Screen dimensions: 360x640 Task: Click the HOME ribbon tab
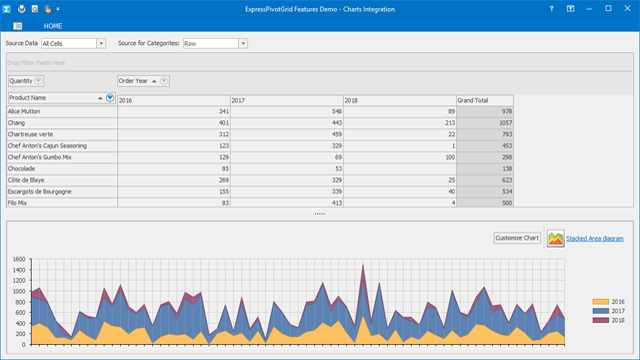point(53,25)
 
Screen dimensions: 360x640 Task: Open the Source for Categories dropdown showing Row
point(215,44)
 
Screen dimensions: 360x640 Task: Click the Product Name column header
point(54,98)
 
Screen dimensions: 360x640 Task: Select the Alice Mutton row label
point(61,112)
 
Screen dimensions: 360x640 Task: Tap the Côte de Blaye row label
point(61,180)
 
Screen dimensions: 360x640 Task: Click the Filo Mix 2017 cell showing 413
point(286,202)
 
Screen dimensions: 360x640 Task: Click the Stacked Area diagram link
point(595,238)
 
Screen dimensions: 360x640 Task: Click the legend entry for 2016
point(609,301)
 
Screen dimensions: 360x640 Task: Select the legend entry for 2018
point(609,321)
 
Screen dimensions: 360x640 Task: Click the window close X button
point(624,8)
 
